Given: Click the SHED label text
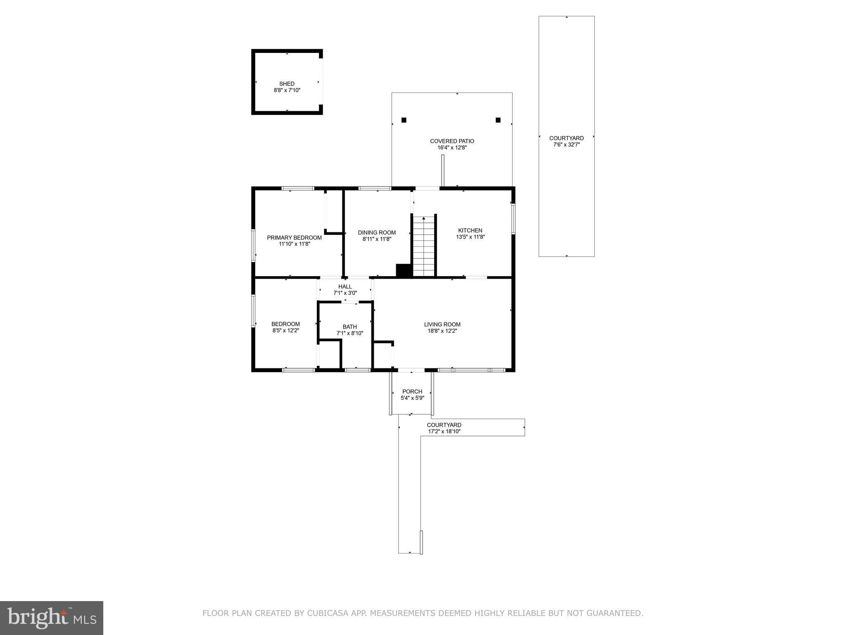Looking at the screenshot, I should pyautogui.click(x=287, y=84).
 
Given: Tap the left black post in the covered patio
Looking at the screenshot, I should pyautogui.click(x=404, y=120).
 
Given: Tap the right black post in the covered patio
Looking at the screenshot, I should pyautogui.click(x=498, y=120).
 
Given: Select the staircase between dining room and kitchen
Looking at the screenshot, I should pyautogui.click(x=424, y=246).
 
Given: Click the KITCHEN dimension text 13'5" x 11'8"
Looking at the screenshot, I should pyautogui.click(x=470, y=237).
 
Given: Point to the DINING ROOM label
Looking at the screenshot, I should pyautogui.click(x=377, y=232).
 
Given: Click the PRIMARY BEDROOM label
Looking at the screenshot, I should pyautogui.click(x=294, y=238).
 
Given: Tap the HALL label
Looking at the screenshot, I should pyautogui.click(x=345, y=286).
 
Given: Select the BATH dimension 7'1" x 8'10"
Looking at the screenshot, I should pyautogui.click(x=349, y=333).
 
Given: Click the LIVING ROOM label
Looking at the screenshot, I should pyautogui.click(x=442, y=325).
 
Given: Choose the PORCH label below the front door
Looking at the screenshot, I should pyautogui.click(x=412, y=392).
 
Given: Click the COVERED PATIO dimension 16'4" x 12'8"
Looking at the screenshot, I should pyautogui.click(x=452, y=148).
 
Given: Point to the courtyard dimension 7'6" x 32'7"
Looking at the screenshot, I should pyautogui.click(x=566, y=145).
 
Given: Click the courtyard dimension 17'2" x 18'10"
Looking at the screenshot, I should pyautogui.click(x=444, y=432).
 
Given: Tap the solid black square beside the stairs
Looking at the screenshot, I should pyautogui.click(x=404, y=270).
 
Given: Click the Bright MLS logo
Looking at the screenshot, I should pyautogui.click(x=52, y=618).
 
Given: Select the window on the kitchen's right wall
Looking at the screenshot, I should pyautogui.click(x=513, y=218).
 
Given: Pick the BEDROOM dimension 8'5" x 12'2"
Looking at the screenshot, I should pyautogui.click(x=285, y=331).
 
